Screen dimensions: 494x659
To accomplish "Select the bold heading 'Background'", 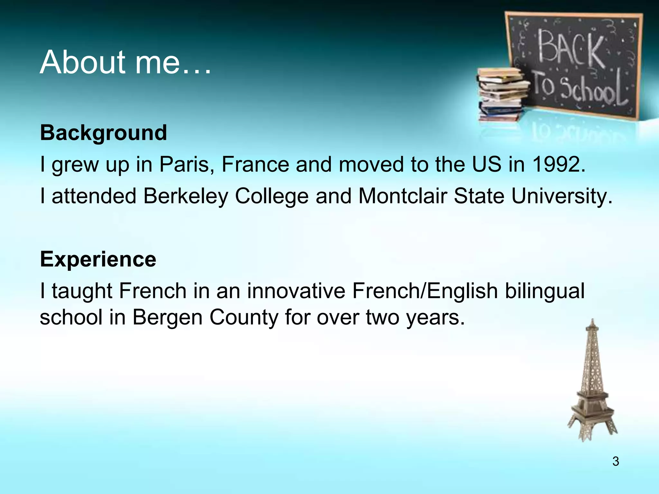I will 104,133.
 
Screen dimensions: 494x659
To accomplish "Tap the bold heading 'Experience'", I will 98,259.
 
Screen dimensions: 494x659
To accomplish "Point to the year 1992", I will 559,164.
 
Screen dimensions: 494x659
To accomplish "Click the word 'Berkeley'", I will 186,196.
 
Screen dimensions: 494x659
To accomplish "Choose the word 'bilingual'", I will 544,291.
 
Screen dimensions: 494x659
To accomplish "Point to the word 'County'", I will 244,317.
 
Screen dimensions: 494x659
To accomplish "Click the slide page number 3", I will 616,462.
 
